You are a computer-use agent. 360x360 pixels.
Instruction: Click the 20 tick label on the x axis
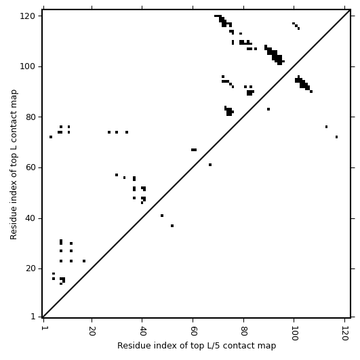[92, 331]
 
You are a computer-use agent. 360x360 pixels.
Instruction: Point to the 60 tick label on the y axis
[31, 167]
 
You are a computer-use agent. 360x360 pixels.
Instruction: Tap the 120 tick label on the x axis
[345, 334]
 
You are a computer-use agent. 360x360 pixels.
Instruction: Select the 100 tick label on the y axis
[28, 66]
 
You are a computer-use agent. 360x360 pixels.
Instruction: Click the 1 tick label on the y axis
[33, 317]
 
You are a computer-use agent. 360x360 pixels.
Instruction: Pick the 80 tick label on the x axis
[244, 331]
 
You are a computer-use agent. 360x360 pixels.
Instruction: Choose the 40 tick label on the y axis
[31, 218]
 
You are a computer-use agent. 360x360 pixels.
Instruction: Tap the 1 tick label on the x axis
[43, 328]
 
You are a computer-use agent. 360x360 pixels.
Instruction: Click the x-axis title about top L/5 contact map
[197, 346]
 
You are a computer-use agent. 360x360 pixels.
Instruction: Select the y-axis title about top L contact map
[14, 165]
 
